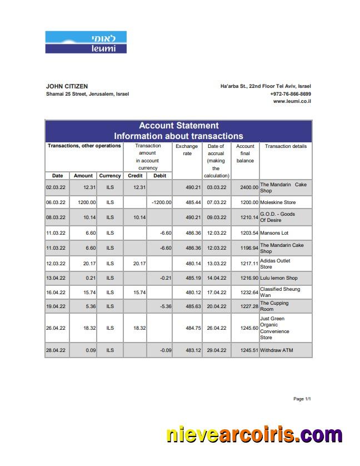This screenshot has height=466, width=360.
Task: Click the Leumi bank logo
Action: (86, 42)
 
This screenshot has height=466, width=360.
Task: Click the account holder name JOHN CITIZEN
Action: (67, 86)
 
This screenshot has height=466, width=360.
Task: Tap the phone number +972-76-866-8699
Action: (291, 94)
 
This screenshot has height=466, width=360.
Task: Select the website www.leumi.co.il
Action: (292, 101)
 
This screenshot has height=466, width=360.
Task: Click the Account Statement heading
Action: (178, 126)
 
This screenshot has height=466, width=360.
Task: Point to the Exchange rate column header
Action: (187, 150)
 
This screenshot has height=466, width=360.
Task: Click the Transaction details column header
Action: (286, 146)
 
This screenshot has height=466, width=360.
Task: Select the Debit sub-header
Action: (159, 176)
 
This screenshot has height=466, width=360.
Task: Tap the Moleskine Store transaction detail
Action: (278, 202)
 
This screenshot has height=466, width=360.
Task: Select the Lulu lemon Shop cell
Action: (278, 278)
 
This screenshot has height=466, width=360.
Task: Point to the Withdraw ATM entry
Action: (276, 350)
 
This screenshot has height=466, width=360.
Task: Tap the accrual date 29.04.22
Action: (216, 350)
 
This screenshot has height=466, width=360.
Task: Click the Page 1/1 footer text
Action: (302, 399)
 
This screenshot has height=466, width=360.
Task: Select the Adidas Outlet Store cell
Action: (275, 264)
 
